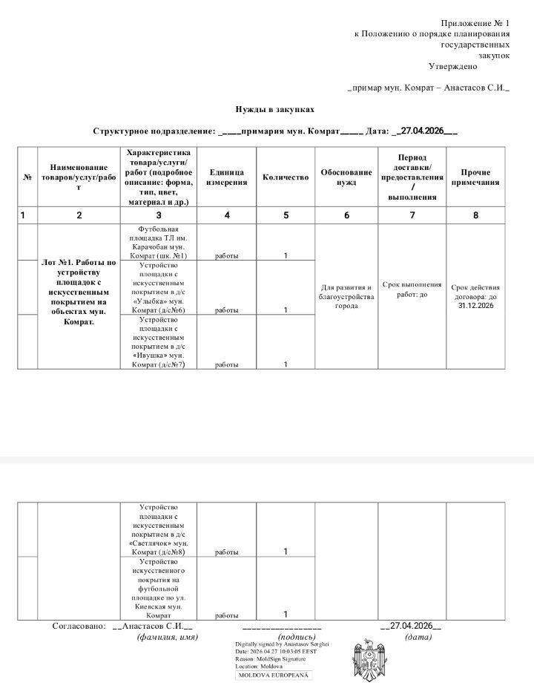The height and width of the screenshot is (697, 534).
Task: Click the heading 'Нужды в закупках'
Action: pyautogui.click(x=269, y=108)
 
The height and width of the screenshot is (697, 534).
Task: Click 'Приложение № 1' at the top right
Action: pyautogui.click(x=475, y=24)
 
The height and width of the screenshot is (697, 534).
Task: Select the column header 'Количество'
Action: pyautogui.click(x=286, y=178)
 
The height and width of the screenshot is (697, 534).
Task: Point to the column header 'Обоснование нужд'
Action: pyautogui.click(x=346, y=177)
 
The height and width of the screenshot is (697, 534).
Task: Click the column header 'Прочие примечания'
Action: pyautogui.click(x=475, y=177)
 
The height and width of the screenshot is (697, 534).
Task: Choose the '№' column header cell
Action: pyautogui.click(x=27, y=177)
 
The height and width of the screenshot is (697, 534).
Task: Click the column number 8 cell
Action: pyautogui.click(x=475, y=215)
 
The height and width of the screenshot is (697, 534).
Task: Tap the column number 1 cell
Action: pyautogui.click(x=24, y=215)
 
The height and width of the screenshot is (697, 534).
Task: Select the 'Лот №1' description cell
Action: pyautogui.click(x=79, y=292)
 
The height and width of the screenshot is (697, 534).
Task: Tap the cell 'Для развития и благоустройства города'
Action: pyautogui.click(x=346, y=296)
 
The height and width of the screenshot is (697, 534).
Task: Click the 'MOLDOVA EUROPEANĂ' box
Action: pyautogui.click(x=274, y=675)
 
